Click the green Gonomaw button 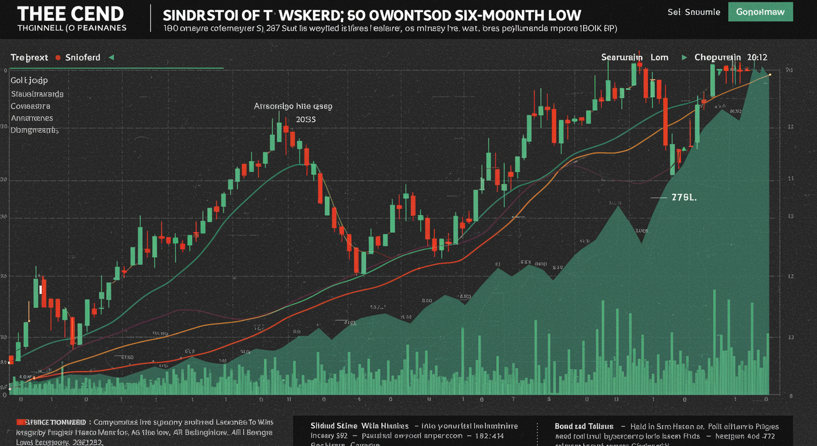(x=760, y=12)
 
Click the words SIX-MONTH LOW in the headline (x=516, y=15)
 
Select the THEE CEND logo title (x=70, y=13)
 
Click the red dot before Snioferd (x=58, y=57)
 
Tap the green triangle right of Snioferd (x=111, y=57)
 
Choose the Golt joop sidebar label (x=29, y=80)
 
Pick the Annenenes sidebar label (x=32, y=118)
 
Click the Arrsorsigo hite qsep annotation (x=292, y=107)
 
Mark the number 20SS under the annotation (x=305, y=118)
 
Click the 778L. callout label (x=684, y=197)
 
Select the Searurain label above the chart (x=622, y=57)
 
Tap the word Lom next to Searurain (x=659, y=57)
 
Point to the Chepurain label (x=718, y=57)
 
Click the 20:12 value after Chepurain (x=758, y=57)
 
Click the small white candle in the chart (x=41, y=289)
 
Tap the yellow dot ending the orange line (x=769, y=75)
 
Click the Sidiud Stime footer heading (x=334, y=426)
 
